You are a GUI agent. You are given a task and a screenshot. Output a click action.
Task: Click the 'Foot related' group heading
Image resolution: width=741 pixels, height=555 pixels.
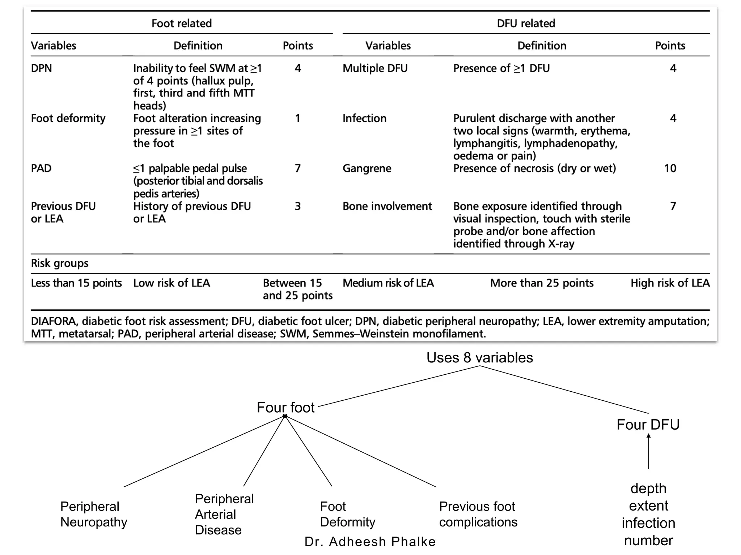(181, 23)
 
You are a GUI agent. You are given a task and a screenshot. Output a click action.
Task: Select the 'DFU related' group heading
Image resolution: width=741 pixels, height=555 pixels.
(526, 23)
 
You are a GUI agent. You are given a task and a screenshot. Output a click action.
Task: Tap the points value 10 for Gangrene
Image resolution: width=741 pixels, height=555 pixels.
(670, 168)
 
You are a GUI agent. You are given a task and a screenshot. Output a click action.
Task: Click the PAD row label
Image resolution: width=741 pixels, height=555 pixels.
(41, 168)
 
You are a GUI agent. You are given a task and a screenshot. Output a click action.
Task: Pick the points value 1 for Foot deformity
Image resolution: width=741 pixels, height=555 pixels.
(297, 119)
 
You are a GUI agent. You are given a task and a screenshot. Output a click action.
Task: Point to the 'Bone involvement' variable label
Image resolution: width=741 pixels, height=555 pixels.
(387, 206)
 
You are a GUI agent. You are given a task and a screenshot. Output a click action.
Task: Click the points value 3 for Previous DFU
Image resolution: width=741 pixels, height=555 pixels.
(297, 206)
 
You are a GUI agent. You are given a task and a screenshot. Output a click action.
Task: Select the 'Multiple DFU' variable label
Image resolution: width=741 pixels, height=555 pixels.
(375, 68)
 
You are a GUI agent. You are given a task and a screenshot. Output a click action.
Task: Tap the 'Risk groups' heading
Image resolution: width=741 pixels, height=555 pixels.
(60, 263)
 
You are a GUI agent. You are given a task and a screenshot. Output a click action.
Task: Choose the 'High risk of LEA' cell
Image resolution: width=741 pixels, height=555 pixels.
(670, 283)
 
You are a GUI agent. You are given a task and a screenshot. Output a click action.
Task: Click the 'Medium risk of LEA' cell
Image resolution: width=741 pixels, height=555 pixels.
(388, 283)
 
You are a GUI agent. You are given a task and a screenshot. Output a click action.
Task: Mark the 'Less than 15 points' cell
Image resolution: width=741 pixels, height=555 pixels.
(76, 283)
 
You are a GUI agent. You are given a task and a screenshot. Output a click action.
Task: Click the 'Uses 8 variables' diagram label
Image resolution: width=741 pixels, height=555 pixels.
(479, 358)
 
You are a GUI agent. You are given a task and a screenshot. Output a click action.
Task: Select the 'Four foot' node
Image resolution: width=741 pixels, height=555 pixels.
(285, 408)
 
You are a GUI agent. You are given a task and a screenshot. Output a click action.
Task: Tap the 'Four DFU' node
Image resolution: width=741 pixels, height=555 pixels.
(648, 425)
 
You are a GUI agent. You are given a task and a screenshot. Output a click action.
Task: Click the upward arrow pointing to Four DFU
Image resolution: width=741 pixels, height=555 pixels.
(648, 452)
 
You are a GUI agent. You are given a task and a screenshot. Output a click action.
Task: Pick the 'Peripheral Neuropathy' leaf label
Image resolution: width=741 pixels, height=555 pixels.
(93, 514)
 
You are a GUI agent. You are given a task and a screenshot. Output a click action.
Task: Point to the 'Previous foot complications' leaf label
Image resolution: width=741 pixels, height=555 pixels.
(478, 514)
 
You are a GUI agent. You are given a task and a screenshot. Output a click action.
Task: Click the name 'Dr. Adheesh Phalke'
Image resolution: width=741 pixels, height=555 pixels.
(370, 542)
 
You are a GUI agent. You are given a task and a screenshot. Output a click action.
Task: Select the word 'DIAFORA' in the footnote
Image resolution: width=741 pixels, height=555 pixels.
(54, 321)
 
